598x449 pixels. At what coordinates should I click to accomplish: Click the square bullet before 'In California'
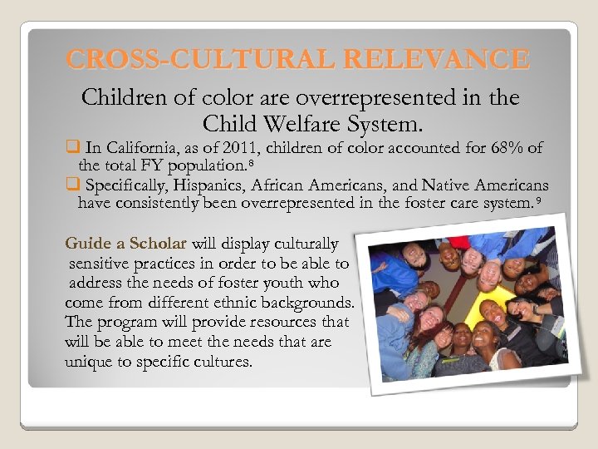click(x=71, y=148)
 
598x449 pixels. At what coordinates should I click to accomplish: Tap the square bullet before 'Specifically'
click(x=71, y=185)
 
